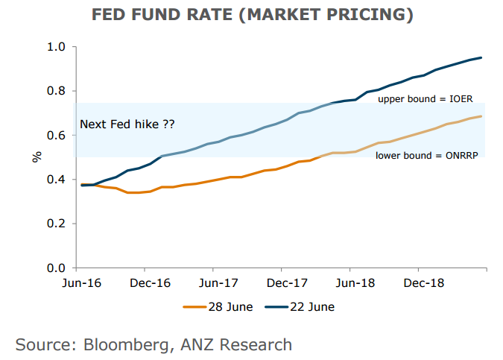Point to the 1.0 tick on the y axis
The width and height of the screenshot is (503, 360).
coord(58,47)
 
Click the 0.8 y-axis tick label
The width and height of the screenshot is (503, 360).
coord(58,91)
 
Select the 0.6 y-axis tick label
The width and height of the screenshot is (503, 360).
coord(58,135)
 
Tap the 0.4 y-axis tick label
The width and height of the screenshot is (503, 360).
coord(58,180)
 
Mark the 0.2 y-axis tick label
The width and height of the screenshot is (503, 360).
coord(58,224)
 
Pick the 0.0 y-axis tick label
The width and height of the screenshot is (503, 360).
coord(58,268)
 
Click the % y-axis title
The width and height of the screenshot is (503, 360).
coord(36,157)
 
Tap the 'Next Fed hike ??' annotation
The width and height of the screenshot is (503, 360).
coord(127,124)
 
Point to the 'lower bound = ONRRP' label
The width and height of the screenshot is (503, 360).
coord(426,155)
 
